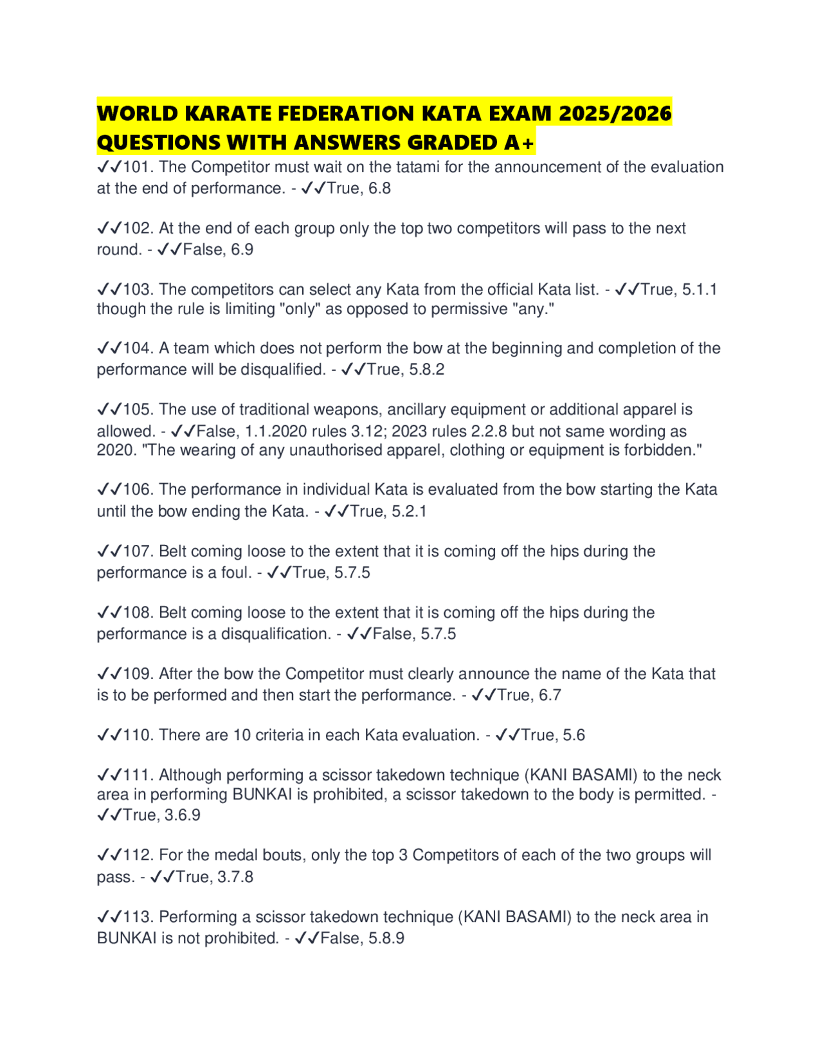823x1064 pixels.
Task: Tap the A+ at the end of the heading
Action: coord(519,143)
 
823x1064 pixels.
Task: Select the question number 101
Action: coord(136,167)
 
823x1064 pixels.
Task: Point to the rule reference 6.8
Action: coord(379,189)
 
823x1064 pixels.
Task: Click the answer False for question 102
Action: coord(204,250)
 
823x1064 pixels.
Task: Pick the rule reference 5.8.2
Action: coord(426,370)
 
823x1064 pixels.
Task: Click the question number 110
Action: coord(136,735)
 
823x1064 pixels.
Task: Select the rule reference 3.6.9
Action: coord(183,815)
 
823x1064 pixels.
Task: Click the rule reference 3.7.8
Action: coord(235,877)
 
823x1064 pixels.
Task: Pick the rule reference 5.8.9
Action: coord(386,939)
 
